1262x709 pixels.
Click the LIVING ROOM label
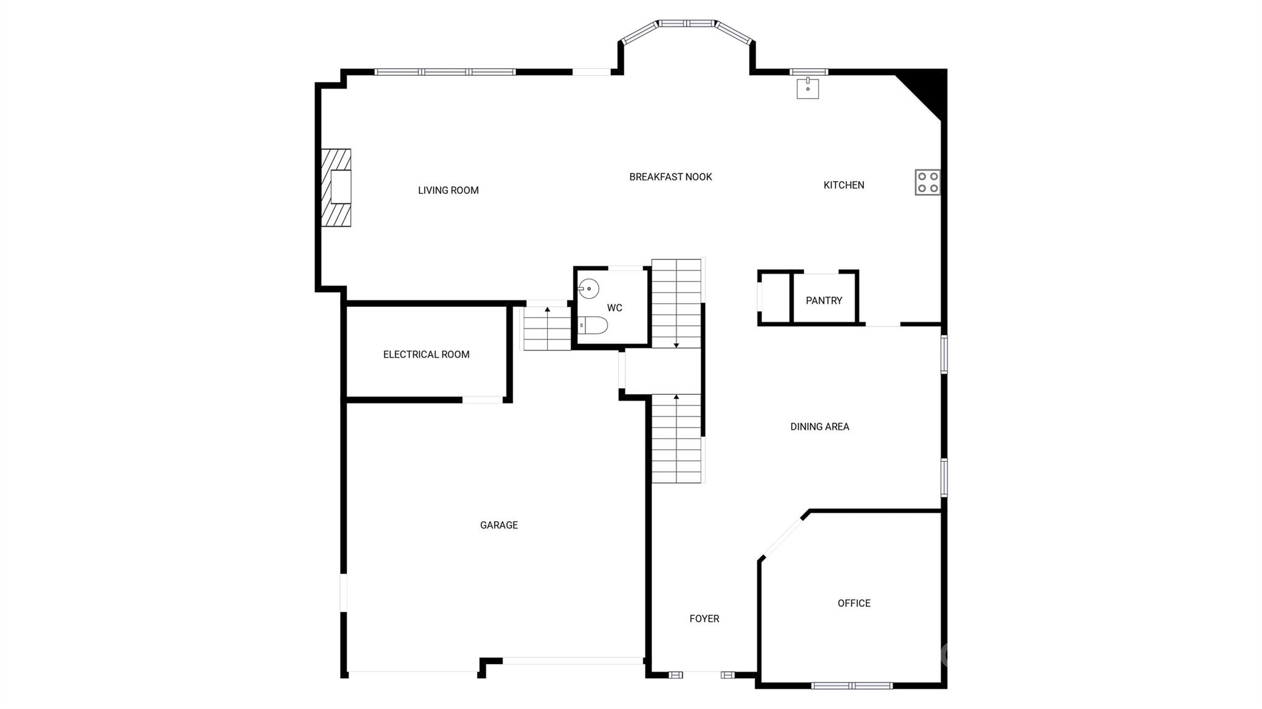coord(448,190)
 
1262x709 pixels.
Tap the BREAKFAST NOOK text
coord(670,177)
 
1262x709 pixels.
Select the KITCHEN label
coord(844,185)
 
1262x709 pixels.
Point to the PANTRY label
coord(824,301)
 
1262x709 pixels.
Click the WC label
coord(614,308)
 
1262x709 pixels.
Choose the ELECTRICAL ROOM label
coord(426,354)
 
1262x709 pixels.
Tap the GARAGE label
coord(499,525)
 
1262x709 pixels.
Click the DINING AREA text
coord(820,426)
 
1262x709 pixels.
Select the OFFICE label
coord(853,603)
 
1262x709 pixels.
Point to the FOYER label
coord(704,618)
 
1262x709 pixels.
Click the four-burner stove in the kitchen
coord(927,182)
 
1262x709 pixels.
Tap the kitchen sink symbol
coord(807,88)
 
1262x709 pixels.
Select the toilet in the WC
coord(593,325)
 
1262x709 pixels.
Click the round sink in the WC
coord(589,288)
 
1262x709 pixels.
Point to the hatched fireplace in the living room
coord(336,187)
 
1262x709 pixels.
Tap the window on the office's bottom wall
coord(852,686)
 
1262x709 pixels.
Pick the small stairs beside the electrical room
coord(547,328)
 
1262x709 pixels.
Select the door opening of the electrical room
coord(482,400)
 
